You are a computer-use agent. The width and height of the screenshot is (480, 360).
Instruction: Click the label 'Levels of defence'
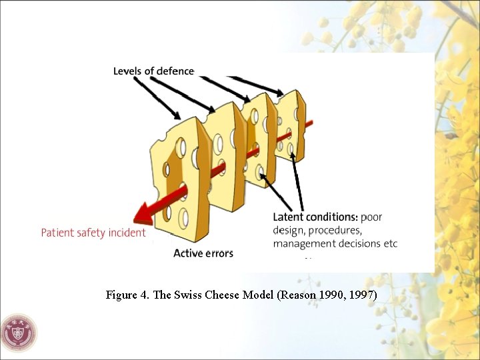click(x=153, y=71)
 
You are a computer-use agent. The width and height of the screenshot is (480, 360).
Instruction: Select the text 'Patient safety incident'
click(x=93, y=233)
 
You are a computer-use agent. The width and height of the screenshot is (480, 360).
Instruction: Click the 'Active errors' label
click(x=203, y=253)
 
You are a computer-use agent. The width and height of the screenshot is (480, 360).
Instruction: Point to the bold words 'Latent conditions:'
click(x=315, y=217)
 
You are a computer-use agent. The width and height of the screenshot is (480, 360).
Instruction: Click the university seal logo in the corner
click(x=19, y=332)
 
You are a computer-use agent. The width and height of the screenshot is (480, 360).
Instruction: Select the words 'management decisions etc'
click(x=335, y=243)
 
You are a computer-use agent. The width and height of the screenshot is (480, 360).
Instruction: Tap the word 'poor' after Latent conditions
click(x=371, y=217)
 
